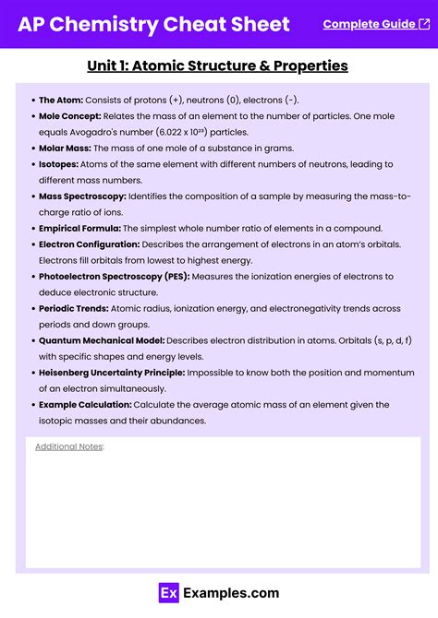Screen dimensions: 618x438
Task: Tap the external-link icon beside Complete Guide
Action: coord(410,24)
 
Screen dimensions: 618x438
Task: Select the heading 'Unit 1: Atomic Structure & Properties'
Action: coord(218,65)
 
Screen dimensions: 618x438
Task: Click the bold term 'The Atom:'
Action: coord(60,100)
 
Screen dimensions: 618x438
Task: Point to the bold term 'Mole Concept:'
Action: coord(70,116)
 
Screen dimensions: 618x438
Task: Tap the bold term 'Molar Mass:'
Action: coord(66,149)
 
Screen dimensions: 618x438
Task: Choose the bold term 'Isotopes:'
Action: coord(60,164)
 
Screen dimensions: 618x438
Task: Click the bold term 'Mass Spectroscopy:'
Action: coord(82,196)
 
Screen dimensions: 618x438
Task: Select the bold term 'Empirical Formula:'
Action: coord(79,228)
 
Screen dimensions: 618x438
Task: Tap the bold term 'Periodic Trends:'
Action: coord(74,309)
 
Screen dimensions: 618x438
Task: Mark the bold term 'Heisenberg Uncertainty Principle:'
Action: coord(112,373)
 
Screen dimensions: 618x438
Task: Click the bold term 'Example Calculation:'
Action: coord(85,405)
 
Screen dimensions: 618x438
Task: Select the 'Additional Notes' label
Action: coord(69,446)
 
